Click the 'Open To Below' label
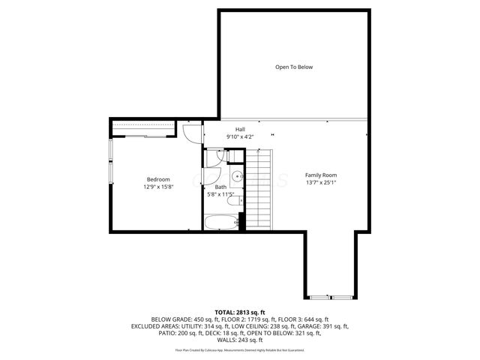click(293, 67)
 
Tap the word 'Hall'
click(240, 129)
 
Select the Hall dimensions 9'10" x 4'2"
click(240, 136)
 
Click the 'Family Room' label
click(320, 175)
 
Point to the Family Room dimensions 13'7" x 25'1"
click(320, 182)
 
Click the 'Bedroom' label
click(158, 179)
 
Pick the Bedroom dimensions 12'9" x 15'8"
click(158, 187)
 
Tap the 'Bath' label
click(220, 187)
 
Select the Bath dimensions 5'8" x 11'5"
click(220, 195)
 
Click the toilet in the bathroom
click(233, 200)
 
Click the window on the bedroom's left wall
click(112, 161)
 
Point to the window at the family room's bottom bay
click(331, 293)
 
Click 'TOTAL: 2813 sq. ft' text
click(240, 311)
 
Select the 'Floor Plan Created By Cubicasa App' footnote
click(240, 350)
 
